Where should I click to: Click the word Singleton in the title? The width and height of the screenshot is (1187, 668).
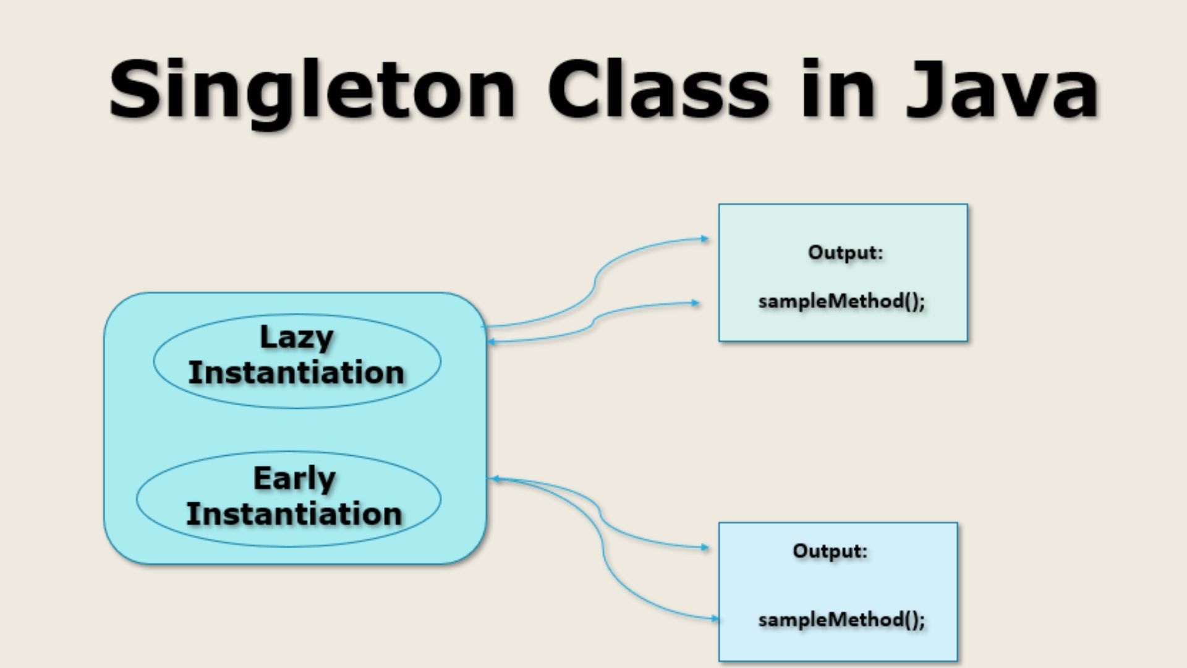[312, 90]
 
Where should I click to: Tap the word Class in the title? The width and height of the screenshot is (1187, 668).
[658, 90]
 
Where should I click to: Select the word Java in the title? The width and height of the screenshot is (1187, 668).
[1002, 90]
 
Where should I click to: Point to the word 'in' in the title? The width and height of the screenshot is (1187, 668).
[838, 90]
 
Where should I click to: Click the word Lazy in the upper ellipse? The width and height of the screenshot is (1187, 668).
[297, 338]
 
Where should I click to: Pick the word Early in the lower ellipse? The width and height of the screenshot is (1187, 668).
[294, 479]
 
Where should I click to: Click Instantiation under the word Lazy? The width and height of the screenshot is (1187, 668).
[296, 373]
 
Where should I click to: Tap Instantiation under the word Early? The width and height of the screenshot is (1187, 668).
[294, 514]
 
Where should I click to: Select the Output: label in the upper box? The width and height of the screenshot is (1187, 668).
[845, 252]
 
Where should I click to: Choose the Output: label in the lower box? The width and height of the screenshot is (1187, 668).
[830, 551]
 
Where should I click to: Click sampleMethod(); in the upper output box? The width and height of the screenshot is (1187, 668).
[841, 301]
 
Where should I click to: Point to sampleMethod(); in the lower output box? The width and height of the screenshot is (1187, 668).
[841, 620]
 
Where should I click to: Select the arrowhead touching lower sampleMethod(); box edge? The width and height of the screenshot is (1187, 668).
[715, 618]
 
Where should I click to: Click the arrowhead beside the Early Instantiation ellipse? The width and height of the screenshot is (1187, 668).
[493, 478]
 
